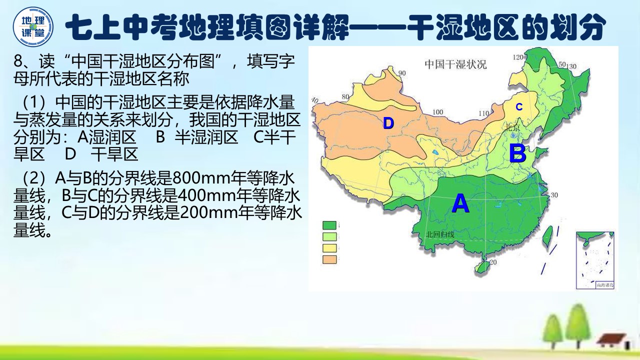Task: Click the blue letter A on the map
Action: point(460,203)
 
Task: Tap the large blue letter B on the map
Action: point(517,153)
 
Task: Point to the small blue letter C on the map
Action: point(519,107)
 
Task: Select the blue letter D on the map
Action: point(388,123)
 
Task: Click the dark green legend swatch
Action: point(329,225)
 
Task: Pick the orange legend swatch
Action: point(329,259)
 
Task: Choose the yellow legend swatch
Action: point(329,248)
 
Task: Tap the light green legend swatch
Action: point(329,237)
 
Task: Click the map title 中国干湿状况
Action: point(455,64)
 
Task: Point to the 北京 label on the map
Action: point(512,126)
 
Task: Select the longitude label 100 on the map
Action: point(438,112)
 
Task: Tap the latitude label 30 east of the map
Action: point(553,195)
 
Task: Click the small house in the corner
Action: point(611,340)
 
